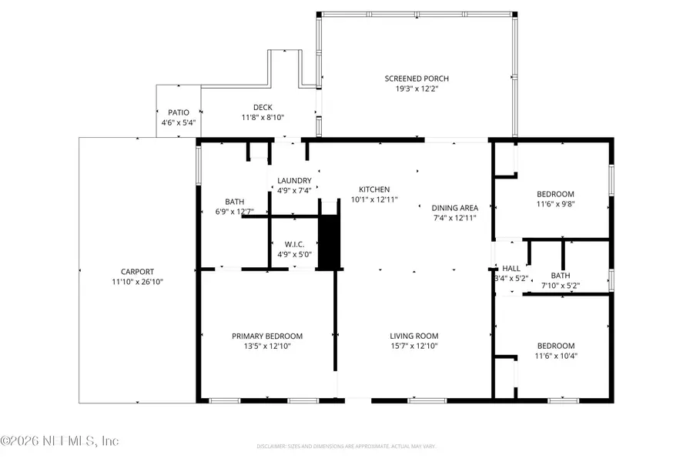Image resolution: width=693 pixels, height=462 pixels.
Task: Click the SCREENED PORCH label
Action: pyautogui.click(x=417, y=79)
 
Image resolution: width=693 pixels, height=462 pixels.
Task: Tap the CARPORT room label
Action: pyautogui.click(x=137, y=271)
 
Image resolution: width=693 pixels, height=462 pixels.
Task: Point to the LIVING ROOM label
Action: pyautogui.click(x=413, y=336)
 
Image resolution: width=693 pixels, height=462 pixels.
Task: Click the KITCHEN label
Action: pyautogui.click(x=374, y=189)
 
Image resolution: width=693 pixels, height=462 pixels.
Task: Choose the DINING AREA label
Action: pyautogui.click(x=455, y=207)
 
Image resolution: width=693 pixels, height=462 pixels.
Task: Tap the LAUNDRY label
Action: pyautogui.click(x=294, y=180)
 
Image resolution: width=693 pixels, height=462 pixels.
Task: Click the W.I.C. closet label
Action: pyautogui.click(x=293, y=245)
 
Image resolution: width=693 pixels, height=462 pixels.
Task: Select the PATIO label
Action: pyautogui.click(x=179, y=112)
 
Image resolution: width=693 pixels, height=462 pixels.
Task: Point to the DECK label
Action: pyautogui.click(x=263, y=107)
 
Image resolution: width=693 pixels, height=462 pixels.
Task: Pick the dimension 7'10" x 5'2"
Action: pyautogui.click(x=560, y=286)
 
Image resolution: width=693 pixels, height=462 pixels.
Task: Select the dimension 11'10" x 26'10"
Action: pyautogui.click(x=137, y=282)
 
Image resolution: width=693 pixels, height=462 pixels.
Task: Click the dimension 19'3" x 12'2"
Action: pyautogui.click(x=417, y=89)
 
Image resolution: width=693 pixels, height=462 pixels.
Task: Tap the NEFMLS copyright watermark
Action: pyautogui.click(x=60, y=441)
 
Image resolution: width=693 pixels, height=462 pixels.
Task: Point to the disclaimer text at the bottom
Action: pyautogui.click(x=346, y=446)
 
